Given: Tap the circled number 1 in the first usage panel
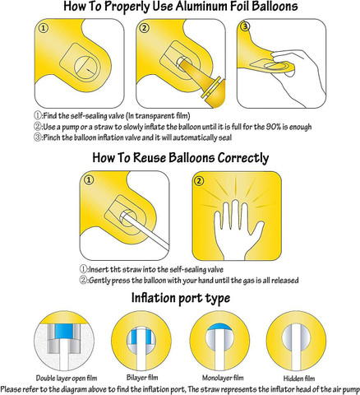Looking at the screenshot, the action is [44, 28].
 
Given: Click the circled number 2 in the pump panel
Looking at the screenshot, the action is [145, 28].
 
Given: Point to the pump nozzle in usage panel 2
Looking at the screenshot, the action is [203, 81].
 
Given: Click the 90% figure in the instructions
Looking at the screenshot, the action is [273, 127].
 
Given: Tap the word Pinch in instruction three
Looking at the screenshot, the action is [52, 137].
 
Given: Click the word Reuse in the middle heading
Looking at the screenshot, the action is [150, 158].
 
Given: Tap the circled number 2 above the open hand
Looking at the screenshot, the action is [199, 181].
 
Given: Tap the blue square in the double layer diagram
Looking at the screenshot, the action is [65, 332].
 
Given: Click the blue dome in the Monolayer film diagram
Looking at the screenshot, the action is [219, 327].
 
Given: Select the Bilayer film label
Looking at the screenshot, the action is [142, 378].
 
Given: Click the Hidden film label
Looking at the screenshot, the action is [299, 379].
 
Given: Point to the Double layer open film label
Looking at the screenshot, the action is [67, 379].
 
